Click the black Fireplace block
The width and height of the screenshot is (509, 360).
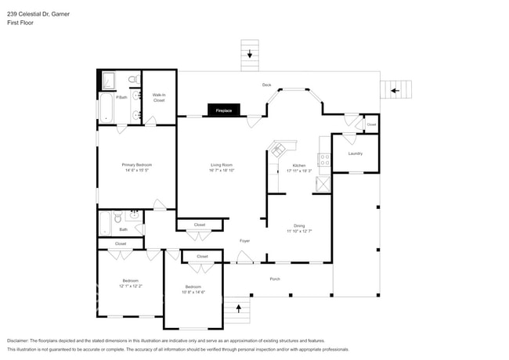tap(224, 111)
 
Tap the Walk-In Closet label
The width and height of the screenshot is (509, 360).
tap(159, 99)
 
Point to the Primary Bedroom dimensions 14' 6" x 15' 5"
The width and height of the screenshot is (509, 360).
tap(136, 171)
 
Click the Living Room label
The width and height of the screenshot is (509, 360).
tap(222, 165)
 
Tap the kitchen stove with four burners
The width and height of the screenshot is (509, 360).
tap(323, 160)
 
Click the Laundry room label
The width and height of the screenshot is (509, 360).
tap(355, 153)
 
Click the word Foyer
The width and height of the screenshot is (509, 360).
tap(244, 240)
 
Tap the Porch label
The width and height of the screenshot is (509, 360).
tap(275, 279)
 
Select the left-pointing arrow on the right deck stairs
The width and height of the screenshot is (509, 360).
tap(395, 91)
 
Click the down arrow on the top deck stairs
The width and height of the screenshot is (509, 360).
tap(250, 54)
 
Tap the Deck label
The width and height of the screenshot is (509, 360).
tap(266, 85)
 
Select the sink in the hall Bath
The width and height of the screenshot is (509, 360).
tap(134, 213)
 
